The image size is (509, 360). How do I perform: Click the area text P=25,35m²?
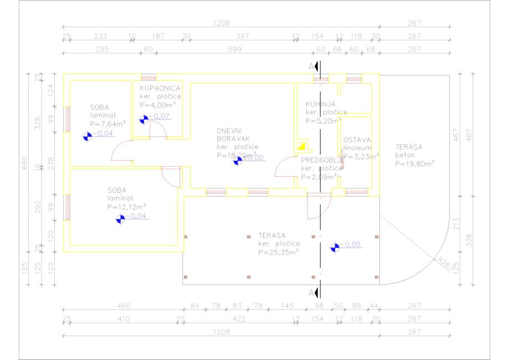click(x=279, y=252)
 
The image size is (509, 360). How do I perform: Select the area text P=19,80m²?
click(x=415, y=163)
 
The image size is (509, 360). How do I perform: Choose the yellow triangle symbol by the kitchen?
click(x=302, y=147)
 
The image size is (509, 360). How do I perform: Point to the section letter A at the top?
click(x=311, y=66)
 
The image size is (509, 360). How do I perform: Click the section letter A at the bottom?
click(x=311, y=292)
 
